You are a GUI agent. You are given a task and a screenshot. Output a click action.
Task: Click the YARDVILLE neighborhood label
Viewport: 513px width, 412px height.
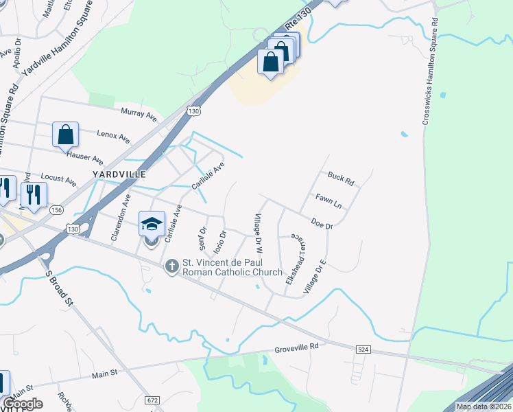pos(121,174)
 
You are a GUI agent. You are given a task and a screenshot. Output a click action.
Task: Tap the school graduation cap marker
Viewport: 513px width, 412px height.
pos(152,225)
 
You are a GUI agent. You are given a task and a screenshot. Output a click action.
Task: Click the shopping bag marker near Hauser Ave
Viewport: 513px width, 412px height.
pos(65,135)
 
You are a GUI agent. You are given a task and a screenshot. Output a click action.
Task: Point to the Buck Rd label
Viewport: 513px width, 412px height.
pos(340,179)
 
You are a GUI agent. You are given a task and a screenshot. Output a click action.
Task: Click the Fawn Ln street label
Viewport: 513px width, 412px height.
pos(328,201)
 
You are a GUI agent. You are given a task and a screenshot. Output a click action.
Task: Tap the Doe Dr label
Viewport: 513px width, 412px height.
pos(322,222)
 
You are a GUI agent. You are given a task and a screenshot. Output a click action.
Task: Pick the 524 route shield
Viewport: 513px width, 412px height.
pos(364,350)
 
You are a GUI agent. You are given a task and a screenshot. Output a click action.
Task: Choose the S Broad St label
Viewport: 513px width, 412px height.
pos(58,287)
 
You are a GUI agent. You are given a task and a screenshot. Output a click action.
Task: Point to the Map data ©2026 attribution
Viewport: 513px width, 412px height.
pos(483,407)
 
